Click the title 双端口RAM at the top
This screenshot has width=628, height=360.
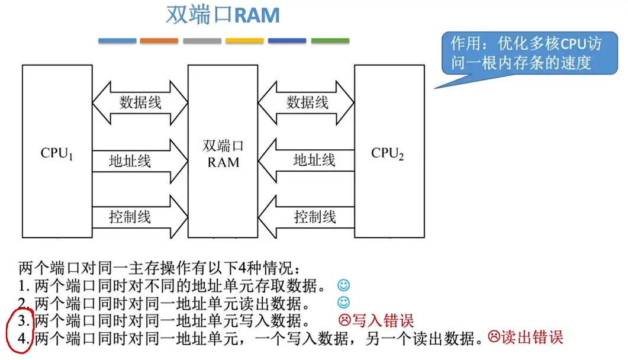[223, 15]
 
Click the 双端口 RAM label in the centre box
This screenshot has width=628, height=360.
[223, 153]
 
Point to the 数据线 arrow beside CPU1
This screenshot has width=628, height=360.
[140, 102]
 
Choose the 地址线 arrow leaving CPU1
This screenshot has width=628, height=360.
[140, 160]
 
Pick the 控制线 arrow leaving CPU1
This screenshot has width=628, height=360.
[140, 216]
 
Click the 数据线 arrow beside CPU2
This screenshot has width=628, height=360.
[307, 102]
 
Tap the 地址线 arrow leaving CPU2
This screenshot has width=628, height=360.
[307, 160]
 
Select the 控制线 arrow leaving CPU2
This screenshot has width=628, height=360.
[307, 216]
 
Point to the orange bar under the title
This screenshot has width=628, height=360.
[159, 41]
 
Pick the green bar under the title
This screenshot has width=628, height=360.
[330, 41]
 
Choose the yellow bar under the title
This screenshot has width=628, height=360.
[244, 41]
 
